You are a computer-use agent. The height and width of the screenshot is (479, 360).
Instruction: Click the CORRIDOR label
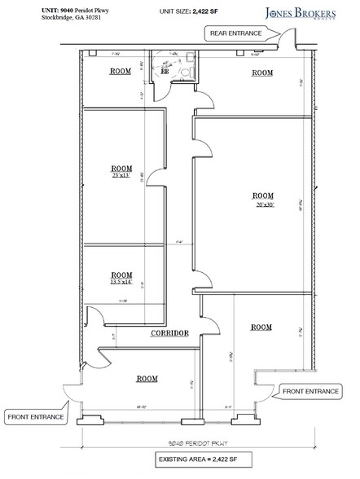point(169,333)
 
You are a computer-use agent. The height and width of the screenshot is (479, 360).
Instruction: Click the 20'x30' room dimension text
point(262,204)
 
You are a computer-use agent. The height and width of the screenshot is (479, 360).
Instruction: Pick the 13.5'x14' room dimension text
point(121,283)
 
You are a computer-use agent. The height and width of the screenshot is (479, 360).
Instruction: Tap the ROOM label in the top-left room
point(121,72)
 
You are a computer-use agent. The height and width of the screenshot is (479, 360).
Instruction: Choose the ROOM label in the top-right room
point(262,73)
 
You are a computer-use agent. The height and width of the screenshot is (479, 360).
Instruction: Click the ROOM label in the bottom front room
point(147,379)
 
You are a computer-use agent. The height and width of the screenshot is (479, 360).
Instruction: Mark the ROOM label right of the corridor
point(261,327)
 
